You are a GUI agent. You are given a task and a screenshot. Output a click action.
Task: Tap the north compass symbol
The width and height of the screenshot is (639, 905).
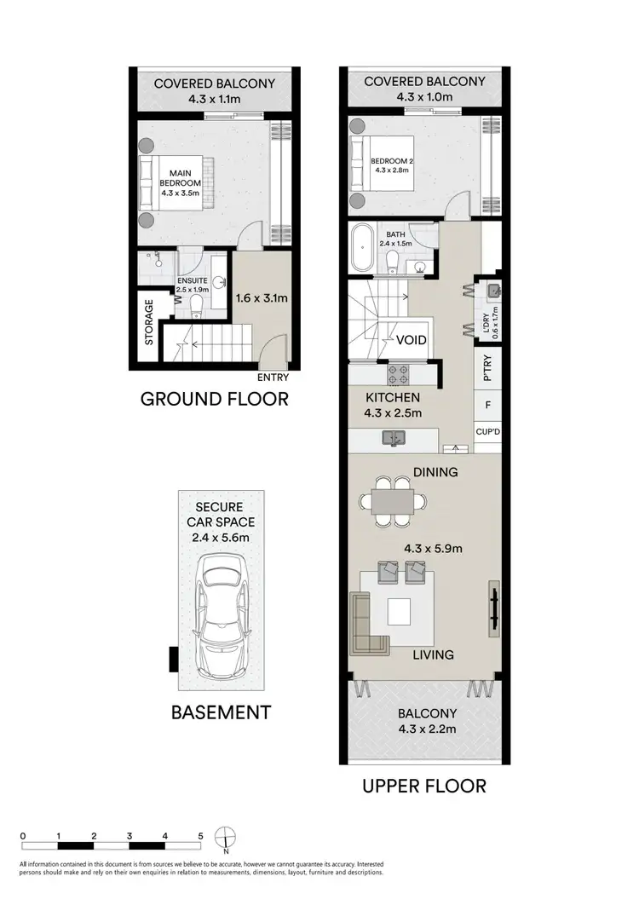pyautogui.click(x=225, y=839)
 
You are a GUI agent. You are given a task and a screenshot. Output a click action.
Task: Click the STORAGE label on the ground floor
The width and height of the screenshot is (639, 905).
pyautogui.click(x=148, y=321)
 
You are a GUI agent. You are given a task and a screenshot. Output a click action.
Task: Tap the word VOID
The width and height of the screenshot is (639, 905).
pyautogui.click(x=412, y=340)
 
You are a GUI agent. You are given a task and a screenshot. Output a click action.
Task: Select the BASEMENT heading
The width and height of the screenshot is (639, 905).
pyautogui.click(x=221, y=712)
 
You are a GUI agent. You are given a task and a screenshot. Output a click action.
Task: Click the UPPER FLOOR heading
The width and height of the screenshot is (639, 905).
pyautogui.click(x=424, y=785)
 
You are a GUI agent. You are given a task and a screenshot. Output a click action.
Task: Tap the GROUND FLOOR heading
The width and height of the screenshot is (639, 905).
pyautogui.click(x=214, y=398)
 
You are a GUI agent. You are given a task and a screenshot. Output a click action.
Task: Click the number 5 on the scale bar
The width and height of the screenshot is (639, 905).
pyautogui.click(x=199, y=836)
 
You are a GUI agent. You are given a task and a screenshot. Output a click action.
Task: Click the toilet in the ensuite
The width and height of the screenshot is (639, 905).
pyautogui.click(x=195, y=302)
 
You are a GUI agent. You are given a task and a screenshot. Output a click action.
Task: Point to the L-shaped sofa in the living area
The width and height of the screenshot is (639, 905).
pyautogui.click(x=367, y=622)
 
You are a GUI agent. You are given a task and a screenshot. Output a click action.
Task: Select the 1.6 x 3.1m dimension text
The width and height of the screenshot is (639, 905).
pyautogui.click(x=262, y=298)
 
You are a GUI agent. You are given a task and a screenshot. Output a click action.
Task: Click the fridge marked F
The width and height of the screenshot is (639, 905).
pyautogui.click(x=487, y=406)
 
